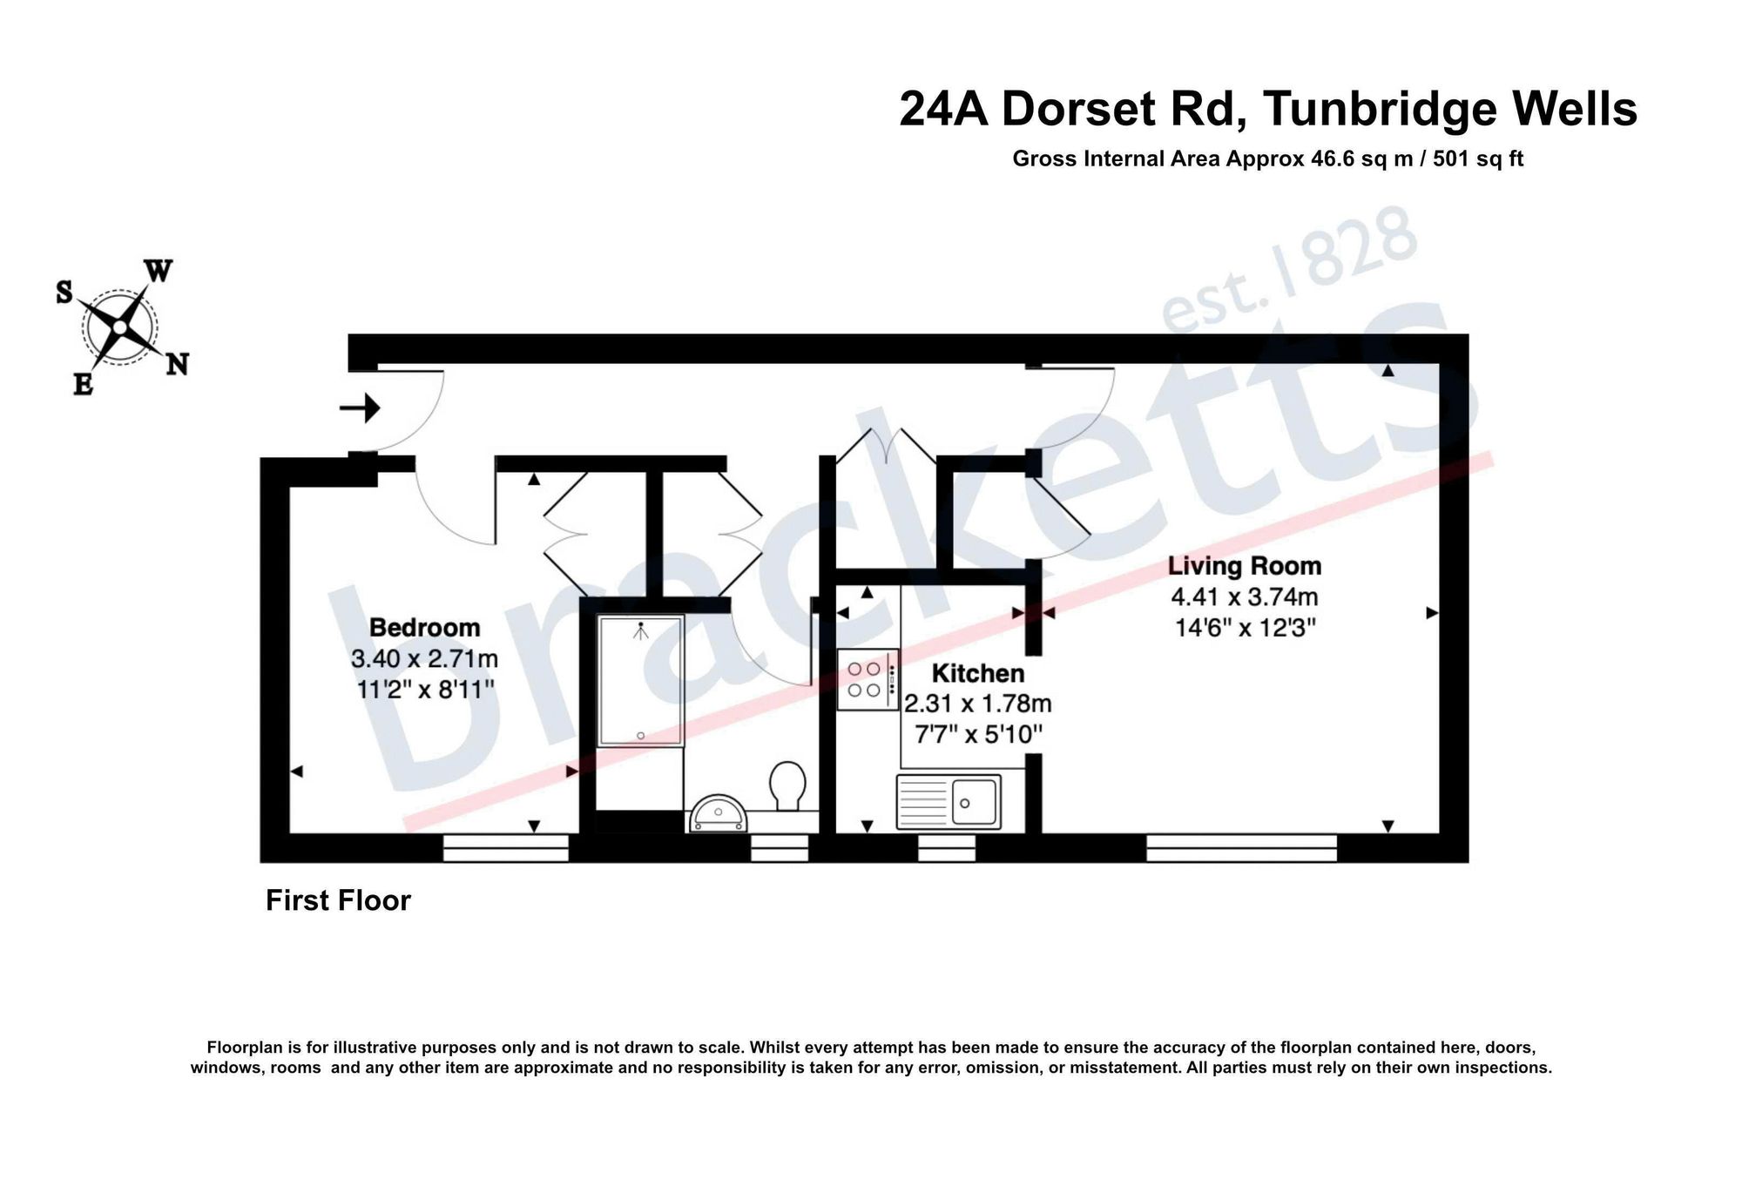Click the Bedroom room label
coord(424,627)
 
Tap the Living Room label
coord(1245,566)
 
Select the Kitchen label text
coord(978,673)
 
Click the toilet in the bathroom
coord(787,785)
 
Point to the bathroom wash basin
coord(719,814)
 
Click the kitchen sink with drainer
coord(949,801)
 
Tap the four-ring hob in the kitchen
coord(868,680)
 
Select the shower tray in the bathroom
coord(641,680)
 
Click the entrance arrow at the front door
coord(360,408)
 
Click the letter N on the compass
coord(178,364)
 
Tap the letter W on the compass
coord(159,271)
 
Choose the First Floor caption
coord(338,900)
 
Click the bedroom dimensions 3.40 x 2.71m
coord(424,658)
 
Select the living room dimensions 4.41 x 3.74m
coord(1245,597)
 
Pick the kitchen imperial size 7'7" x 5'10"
coord(978,734)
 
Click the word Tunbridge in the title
coord(1381,110)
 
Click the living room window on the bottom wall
coord(1241,848)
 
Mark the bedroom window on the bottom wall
coord(506,848)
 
